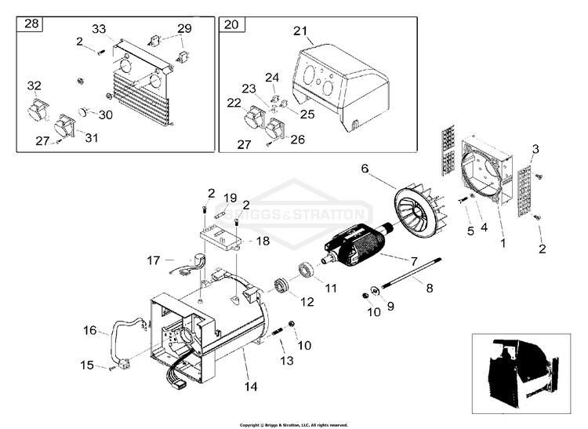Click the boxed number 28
coord(32,24)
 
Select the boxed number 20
coord(230,24)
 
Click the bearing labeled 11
coord(304,274)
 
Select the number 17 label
coord(154,260)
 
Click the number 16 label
coord(90,331)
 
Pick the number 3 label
coord(535,149)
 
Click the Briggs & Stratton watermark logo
coord(314,214)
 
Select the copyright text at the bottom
coord(294,424)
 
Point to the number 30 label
coord(105,114)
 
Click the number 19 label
coord(230,197)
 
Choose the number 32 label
coord(34,85)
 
